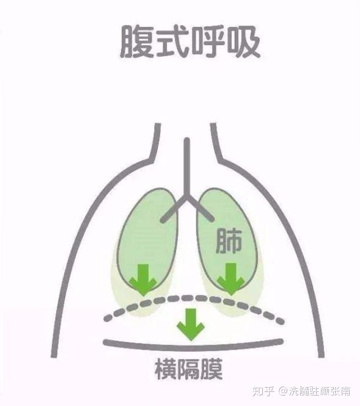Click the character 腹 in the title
pyautogui.click(x=136, y=42)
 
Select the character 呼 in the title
pyautogui.click(x=208, y=42)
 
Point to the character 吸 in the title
pyautogui.click(x=244, y=42)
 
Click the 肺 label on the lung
pyautogui.click(x=229, y=241)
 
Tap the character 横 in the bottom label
pyautogui.click(x=166, y=369)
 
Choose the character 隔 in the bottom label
pyautogui.click(x=189, y=369)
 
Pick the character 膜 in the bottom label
pyautogui.click(x=211, y=369)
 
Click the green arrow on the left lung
pyautogui.click(x=143, y=280)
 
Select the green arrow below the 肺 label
pyautogui.click(x=230, y=279)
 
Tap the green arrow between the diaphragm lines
pyautogui.click(x=191, y=324)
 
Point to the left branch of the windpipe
pyautogui.click(x=173, y=209)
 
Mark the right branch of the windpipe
pyautogui.click(x=200, y=209)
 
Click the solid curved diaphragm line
pyautogui.click(x=193, y=346)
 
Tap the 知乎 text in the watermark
pyautogui.click(x=263, y=391)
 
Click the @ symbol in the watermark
pyautogui.click(x=283, y=391)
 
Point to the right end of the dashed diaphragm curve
pyautogui.click(x=281, y=322)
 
